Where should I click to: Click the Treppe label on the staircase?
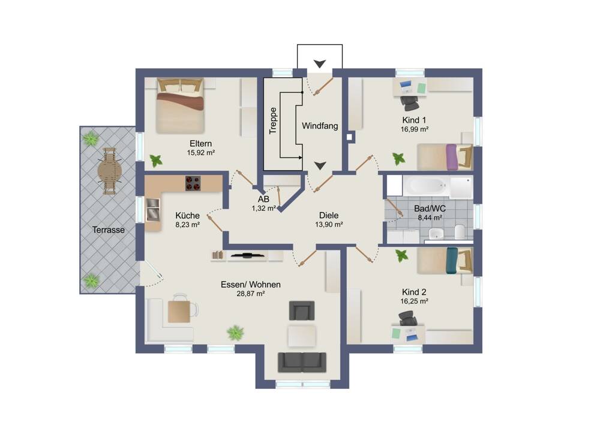tap(273, 120)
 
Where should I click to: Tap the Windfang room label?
tap(320, 126)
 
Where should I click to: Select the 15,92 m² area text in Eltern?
tap(200, 153)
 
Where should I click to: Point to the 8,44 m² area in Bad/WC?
tap(430, 218)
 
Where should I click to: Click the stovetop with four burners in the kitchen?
tap(193, 183)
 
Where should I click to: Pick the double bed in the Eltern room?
tap(180, 106)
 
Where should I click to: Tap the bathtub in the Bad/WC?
tap(426, 186)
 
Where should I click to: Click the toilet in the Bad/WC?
tap(460, 231)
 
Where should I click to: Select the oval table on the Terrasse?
tap(109, 171)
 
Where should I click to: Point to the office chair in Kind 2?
tap(408, 318)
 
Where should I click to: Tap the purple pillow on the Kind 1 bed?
tap(452, 157)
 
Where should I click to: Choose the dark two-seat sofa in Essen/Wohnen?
tap(302, 362)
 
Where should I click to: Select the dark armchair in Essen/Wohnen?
tap(302, 310)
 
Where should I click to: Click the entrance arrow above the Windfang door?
tap(320, 64)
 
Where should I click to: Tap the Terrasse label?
tap(108, 230)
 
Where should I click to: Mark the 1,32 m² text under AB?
tap(263, 209)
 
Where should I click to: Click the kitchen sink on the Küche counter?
tap(152, 210)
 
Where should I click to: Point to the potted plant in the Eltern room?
tap(156, 161)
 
